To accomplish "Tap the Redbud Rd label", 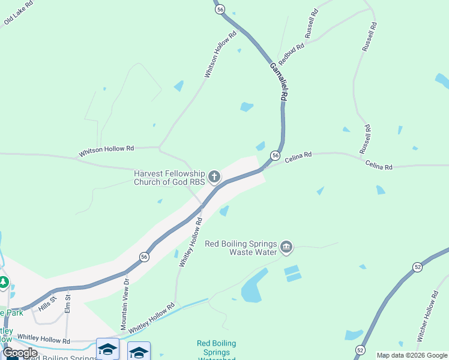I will point(291,52).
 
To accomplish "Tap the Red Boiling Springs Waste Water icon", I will point(286,247).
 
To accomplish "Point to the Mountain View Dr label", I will point(125,304).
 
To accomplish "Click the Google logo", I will point(20,353).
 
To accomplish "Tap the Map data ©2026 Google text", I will point(412,355).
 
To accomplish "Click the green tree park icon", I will point(4,281).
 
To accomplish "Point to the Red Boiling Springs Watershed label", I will point(216,350).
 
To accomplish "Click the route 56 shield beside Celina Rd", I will point(274,155).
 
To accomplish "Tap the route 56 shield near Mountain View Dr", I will point(144,256).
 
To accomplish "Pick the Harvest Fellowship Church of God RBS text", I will point(169,177).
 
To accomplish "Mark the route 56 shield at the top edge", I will point(220,9).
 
